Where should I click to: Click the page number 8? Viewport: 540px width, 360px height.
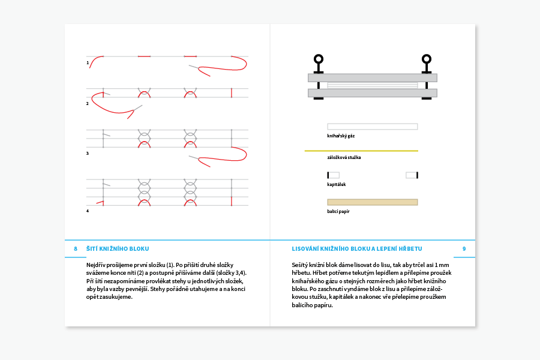pyautogui.click(x=76, y=248)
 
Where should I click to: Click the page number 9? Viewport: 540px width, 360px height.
pyautogui.click(x=464, y=248)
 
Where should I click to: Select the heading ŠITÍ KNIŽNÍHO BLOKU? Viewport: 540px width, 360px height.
pyautogui.click(x=118, y=248)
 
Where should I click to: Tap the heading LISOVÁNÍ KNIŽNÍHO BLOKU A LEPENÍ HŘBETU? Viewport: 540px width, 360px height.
pyautogui.click(x=357, y=248)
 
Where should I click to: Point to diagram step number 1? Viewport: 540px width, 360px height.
pyautogui.click(x=88, y=62)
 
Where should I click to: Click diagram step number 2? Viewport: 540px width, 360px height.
pyautogui.click(x=88, y=103)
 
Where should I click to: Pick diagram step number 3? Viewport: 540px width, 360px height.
pyautogui.click(x=88, y=153)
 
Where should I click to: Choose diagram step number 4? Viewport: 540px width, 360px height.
pyautogui.click(x=88, y=211)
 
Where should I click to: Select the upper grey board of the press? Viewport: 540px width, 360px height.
pyautogui.click(x=372, y=77)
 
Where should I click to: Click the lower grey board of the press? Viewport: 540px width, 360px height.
pyautogui.click(x=372, y=93)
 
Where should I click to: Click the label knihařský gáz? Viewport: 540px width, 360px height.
pyautogui.click(x=341, y=136)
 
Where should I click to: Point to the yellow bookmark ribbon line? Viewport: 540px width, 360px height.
pyautogui.click(x=361, y=151)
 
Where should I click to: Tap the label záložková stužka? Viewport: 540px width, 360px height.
pyautogui.click(x=344, y=158)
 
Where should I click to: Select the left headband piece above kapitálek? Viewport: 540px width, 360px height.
pyautogui.click(x=333, y=175)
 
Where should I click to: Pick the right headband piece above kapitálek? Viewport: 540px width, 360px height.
pyautogui.click(x=412, y=175)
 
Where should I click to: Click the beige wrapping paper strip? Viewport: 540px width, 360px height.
pyautogui.click(x=372, y=202)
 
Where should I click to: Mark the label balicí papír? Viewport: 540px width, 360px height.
pyautogui.click(x=338, y=212)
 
